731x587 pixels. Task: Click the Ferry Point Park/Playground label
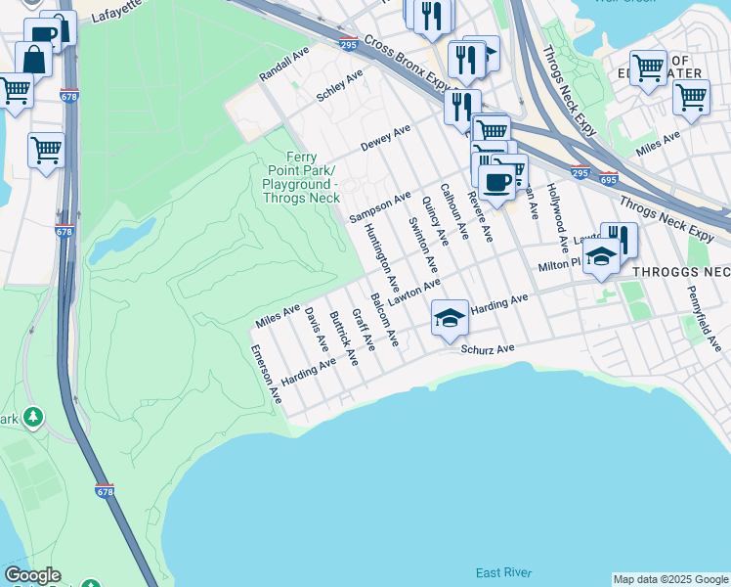click(300, 177)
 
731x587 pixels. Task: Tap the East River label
click(502, 572)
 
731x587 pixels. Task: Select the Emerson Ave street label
click(266, 375)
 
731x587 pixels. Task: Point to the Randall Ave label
click(283, 63)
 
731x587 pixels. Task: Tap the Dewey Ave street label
click(385, 136)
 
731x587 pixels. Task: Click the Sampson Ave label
click(380, 205)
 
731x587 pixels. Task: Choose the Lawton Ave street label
click(414, 291)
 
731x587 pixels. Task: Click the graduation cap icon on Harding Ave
click(450, 318)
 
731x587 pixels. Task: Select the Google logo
click(31, 575)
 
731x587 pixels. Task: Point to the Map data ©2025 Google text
click(670, 579)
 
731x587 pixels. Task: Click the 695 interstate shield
click(609, 178)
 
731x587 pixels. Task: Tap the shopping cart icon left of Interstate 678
click(46, 151)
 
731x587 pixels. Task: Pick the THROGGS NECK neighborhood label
click(681, 271)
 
